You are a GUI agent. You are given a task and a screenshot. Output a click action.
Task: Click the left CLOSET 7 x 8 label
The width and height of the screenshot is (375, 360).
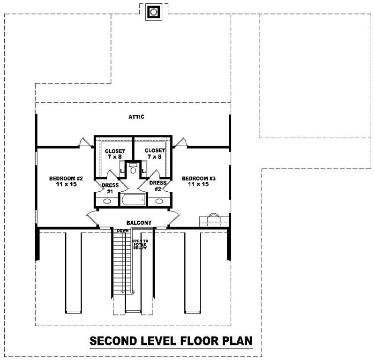115,154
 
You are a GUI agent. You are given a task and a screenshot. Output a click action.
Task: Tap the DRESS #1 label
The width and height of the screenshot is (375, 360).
110,188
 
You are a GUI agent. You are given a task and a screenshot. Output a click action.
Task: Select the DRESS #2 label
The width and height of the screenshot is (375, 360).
158,186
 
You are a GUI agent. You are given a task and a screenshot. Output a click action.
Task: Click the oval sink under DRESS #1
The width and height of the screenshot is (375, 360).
107,202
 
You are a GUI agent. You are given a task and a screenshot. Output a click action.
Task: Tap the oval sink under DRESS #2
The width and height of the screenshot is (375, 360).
160,202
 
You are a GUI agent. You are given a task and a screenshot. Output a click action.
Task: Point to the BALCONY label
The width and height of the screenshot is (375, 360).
138,222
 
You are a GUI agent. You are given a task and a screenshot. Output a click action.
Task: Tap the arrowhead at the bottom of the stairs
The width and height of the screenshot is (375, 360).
122,292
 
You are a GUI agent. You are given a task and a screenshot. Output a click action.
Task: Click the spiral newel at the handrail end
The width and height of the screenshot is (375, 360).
133,292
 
